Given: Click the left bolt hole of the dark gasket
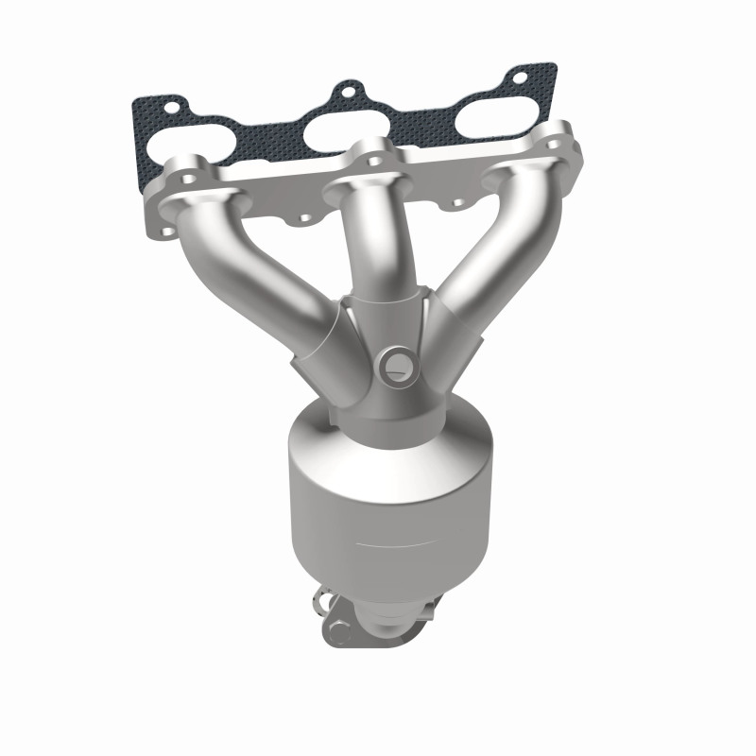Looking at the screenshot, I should point(170,103).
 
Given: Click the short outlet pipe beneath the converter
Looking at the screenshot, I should point(378,614).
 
